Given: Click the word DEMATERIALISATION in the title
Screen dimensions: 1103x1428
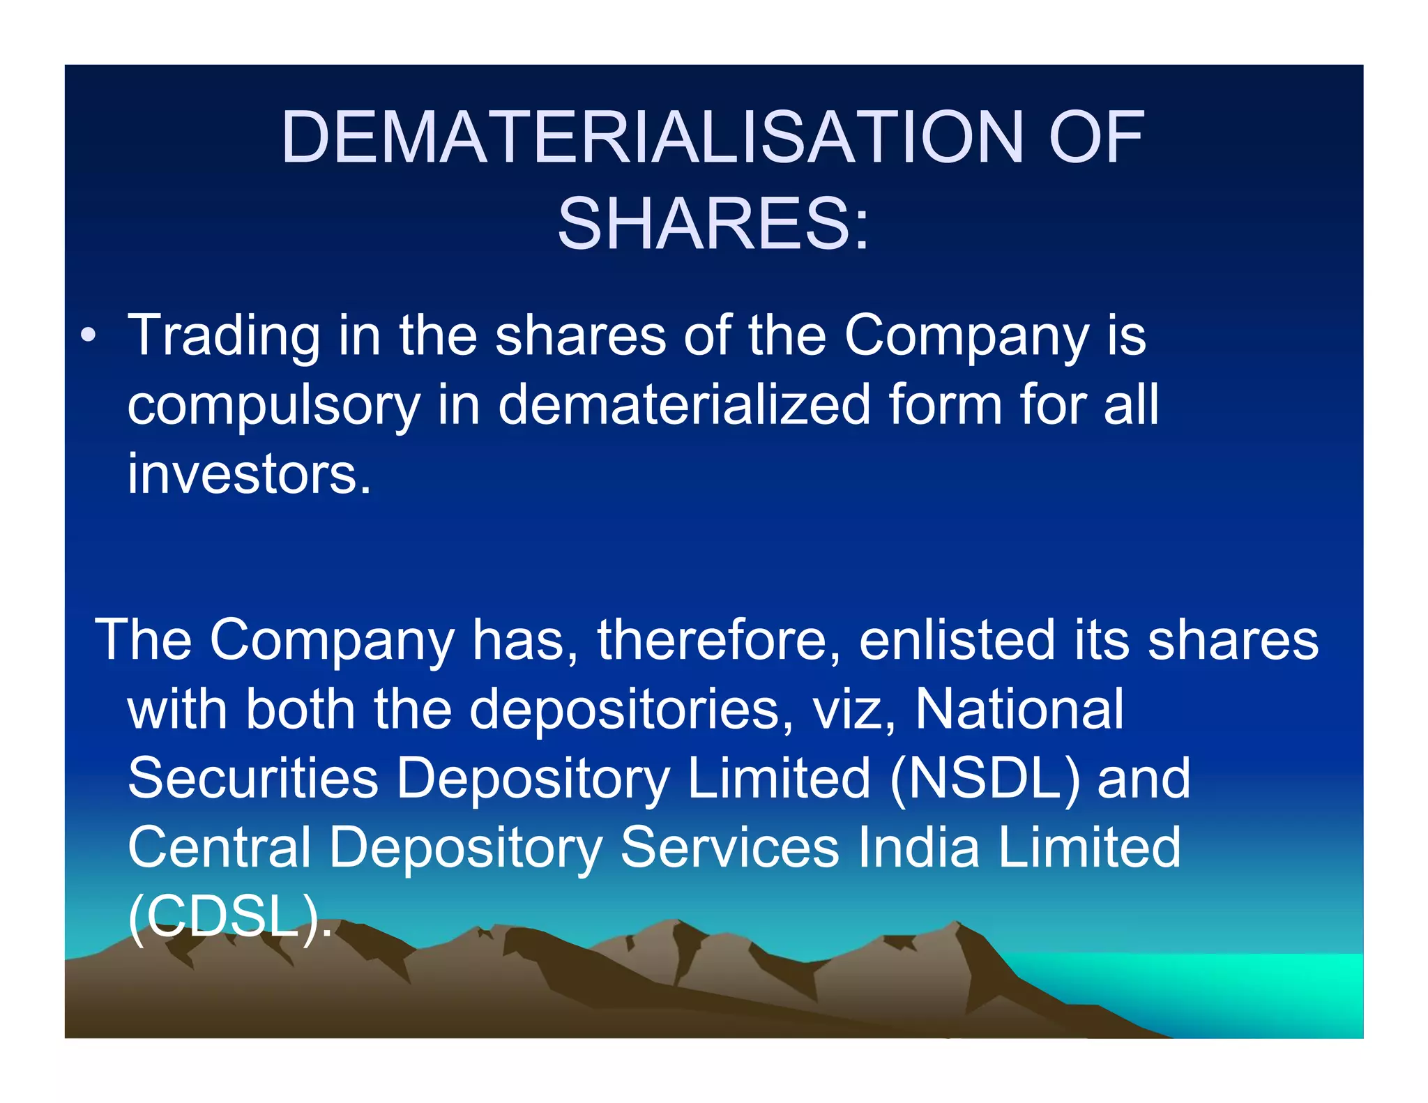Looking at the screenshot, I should coord(653,137).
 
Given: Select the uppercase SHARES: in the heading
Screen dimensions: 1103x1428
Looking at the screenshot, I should coord(713,224).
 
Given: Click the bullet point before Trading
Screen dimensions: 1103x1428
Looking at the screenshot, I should coord(88,336).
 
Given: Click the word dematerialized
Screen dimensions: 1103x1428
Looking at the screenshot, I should coord(684,404).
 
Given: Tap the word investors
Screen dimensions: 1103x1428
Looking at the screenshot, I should coord(249,474).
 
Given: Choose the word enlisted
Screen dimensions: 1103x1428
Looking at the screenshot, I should coord(956,640).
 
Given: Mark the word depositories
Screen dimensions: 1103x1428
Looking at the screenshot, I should coord(632,710).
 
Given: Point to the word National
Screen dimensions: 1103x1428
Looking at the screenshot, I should coord(1019,710).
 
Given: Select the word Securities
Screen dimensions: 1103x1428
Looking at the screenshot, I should coord(253,778).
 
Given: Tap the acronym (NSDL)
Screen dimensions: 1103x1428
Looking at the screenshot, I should coord(985,778).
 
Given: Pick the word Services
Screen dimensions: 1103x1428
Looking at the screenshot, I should coord(729,848).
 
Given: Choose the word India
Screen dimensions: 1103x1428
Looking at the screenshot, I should coord(918,848).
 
